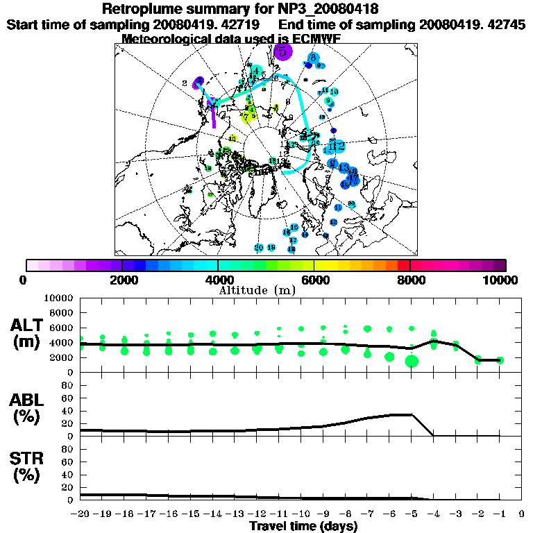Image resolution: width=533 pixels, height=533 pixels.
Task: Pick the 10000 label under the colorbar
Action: point(505,280)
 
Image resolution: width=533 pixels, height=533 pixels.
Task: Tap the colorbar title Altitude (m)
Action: point(257,289)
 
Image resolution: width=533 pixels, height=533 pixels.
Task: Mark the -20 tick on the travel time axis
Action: point(81,514)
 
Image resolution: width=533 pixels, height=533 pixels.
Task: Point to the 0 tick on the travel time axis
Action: point(522,514)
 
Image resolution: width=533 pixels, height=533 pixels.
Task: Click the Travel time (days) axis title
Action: point(303,527)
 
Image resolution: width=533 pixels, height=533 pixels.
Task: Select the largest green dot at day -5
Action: point(412,360)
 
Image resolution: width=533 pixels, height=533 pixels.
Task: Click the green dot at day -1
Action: point(500,359)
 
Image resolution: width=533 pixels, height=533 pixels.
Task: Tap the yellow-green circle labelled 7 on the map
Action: point(246,117)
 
